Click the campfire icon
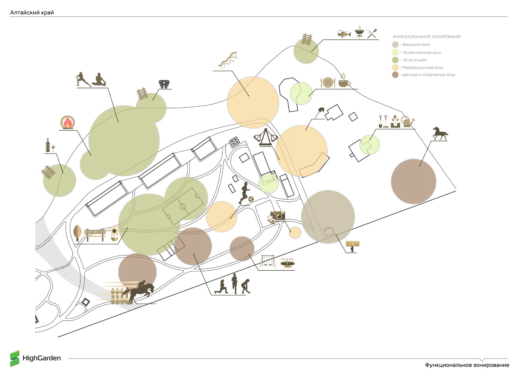click(68, 122)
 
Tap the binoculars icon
click(164, 84)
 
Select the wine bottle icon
click(48, 145)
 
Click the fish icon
click(344, 34)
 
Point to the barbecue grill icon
click(359, 32)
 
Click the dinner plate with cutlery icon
click(328, 82)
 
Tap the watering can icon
click(408, 121)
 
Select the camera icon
click(278, 216)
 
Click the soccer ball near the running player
click(251, 199)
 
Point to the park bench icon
click(95, 234)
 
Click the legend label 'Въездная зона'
click(416, 44)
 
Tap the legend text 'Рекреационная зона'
click(423, 68)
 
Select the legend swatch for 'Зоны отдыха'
click(395, 60)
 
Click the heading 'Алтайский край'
click(32, 13)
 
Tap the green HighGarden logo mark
click(15, 359)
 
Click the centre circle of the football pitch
click(183, 206)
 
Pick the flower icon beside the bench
click(114, 233)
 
